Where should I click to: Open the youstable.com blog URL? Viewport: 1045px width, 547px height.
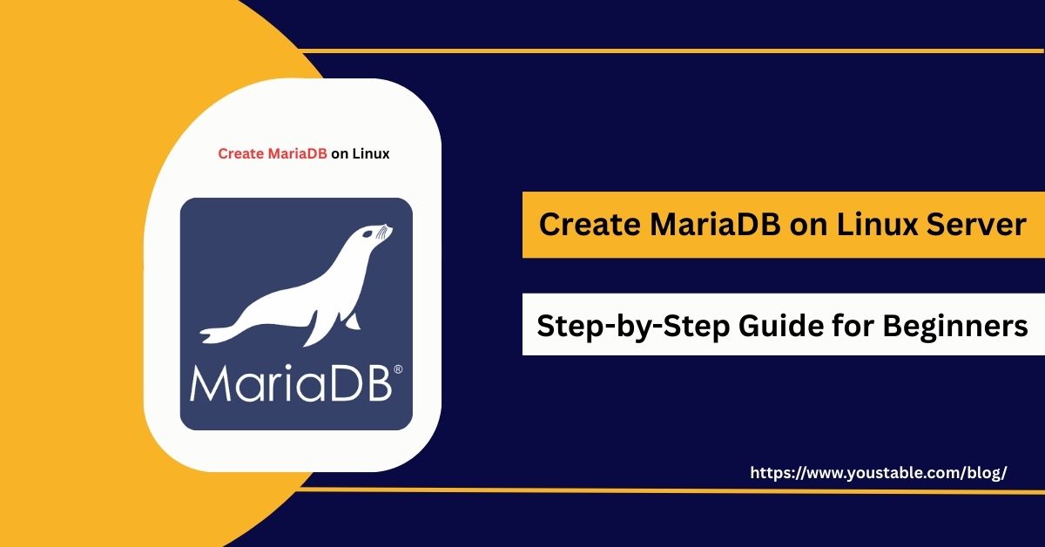click(879, 473)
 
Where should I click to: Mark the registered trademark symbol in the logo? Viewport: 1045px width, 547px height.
click(398, 369)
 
